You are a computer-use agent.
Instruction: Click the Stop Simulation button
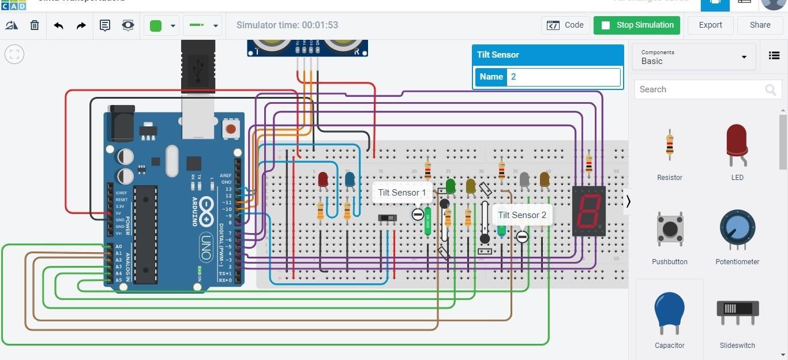[637, 25]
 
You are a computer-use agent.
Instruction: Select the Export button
[710, 25]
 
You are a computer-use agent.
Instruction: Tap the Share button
[760, 25]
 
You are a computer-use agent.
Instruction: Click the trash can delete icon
[35, 25]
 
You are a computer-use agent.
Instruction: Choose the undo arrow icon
[58, 25]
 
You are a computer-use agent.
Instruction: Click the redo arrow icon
[81, 25]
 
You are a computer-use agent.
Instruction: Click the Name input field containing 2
[563, 77]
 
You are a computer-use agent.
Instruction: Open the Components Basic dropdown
[694, 57]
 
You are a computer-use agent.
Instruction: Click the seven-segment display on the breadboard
[589, 211]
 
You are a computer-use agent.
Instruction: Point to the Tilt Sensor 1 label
[402, 193]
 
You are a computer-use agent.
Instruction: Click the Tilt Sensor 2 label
[522, 215]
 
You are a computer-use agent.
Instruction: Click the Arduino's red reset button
[231, 129]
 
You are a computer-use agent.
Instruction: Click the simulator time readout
[287, 25]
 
